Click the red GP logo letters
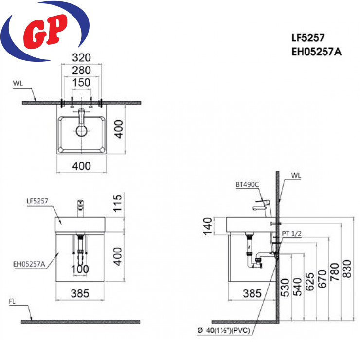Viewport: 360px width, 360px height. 45,32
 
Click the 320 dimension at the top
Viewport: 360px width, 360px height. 82,57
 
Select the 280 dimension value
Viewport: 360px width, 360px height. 82,70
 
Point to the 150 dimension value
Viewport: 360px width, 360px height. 82,83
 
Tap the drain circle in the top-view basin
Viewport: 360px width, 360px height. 82,131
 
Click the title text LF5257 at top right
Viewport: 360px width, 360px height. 308,38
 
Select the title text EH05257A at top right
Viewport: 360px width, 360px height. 317,52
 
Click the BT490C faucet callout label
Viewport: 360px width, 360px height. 247,184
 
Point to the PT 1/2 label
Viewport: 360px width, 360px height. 291,234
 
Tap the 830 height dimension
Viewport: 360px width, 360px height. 347,269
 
